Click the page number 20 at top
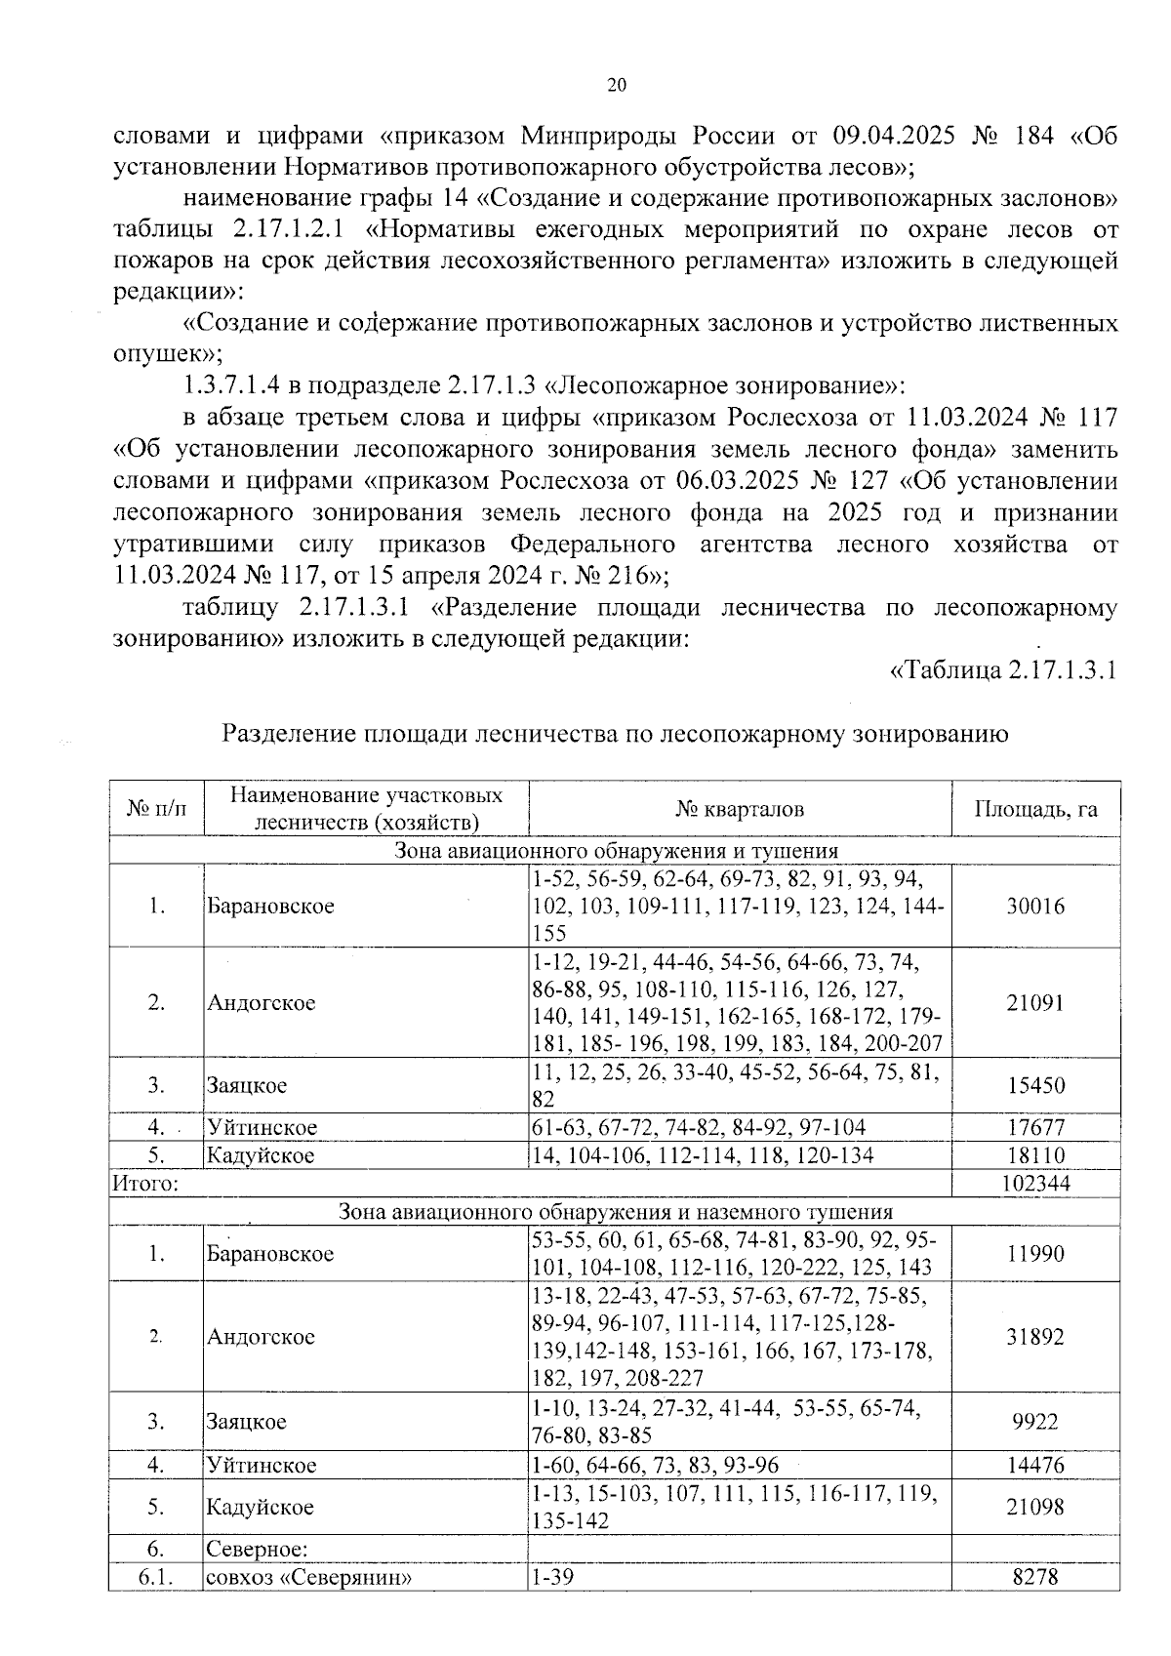pyautogui.click(x=617, y=85)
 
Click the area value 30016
pyautogui.click(x=1035, y=906)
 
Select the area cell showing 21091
pyautogui.click(x=1035, y=1002)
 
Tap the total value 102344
pyautogui.click(x=1035, y=1184)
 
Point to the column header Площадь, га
pyautogui.click(x=1035, y=809)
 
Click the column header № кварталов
pyautogui.click(x=740, y=809)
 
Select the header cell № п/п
pyautogui.click(x=156, y=809)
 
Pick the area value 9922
pyautogui.click(x=1035, y=1421)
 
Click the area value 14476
pyautogui.click(x=1035, y=1465)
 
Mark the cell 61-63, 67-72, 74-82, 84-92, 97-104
pyautogui.click(x=698, y=1127)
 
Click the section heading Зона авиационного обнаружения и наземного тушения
pyautogui.click(x=615, y=1212)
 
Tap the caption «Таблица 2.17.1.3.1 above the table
pyautogui.click(x=1003, y=670)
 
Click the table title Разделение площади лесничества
pyautogui.click(x=615, y=734)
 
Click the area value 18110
pyautogui.click(x=1035, y=1155)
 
